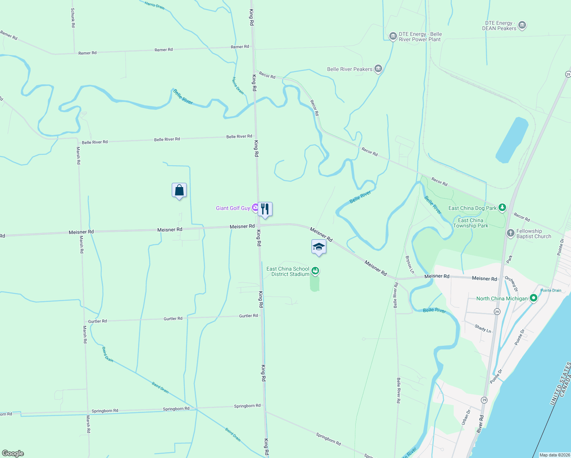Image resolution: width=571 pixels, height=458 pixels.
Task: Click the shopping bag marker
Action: [x=179, y=190]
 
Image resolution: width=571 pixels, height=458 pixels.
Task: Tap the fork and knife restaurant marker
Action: [x=265, y=209]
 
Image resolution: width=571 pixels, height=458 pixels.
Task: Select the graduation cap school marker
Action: [x=319, y=247]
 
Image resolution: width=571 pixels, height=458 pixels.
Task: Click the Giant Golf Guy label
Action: [x=233, y=208]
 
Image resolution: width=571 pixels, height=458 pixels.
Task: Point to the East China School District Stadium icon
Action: [x=315, y=271]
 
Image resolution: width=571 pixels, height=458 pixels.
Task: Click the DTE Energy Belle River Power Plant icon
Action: [x=393, y=36]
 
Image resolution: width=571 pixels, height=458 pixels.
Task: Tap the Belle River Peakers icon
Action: [x=378, y=69]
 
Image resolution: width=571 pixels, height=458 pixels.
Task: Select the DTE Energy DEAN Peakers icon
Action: [x=522, y=26]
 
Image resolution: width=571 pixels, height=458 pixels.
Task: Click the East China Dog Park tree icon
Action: [x=502, y=208]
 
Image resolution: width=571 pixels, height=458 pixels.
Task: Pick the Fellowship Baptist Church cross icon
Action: [x=510, y=233]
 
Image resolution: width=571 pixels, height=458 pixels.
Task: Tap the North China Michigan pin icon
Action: [x=534, y=298]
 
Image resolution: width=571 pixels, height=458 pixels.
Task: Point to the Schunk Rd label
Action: [x=73, y=18]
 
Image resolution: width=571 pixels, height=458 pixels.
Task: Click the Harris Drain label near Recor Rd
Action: [x=238, y=85]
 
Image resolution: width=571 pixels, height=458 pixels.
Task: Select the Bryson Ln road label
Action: [x=410, y=264]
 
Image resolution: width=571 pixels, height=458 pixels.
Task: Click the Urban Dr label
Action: [x=466, y=417]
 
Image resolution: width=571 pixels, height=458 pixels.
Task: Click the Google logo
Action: [x=13, y=453]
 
